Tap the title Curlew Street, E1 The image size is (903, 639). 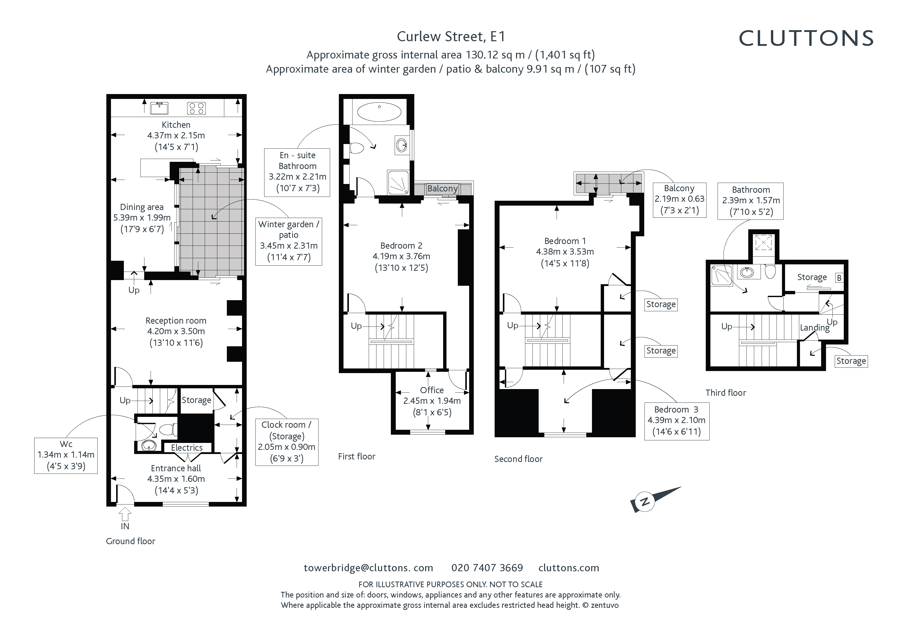[x=451, y=37]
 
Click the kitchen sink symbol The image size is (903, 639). [x=159, y=107]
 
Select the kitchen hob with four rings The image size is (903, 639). [x=196, y=108]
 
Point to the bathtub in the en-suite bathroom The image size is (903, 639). [x=379, y=112]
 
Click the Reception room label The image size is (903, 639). [x=176, y=321]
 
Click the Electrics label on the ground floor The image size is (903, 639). [x=187, y=448]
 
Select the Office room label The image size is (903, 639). [x=432, y=390]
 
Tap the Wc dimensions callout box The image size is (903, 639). [x=66, y=456]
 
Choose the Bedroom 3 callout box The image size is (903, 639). [x=677, y=421]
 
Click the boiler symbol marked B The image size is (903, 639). [x=839, y=278]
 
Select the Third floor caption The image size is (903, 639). [x=726, y=393]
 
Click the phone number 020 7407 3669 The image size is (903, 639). [x=487, y=568]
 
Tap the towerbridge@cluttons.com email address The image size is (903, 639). [x=368, y=568]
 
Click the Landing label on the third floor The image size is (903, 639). [x=814, y=328]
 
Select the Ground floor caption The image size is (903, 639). [x=131, y=541]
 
